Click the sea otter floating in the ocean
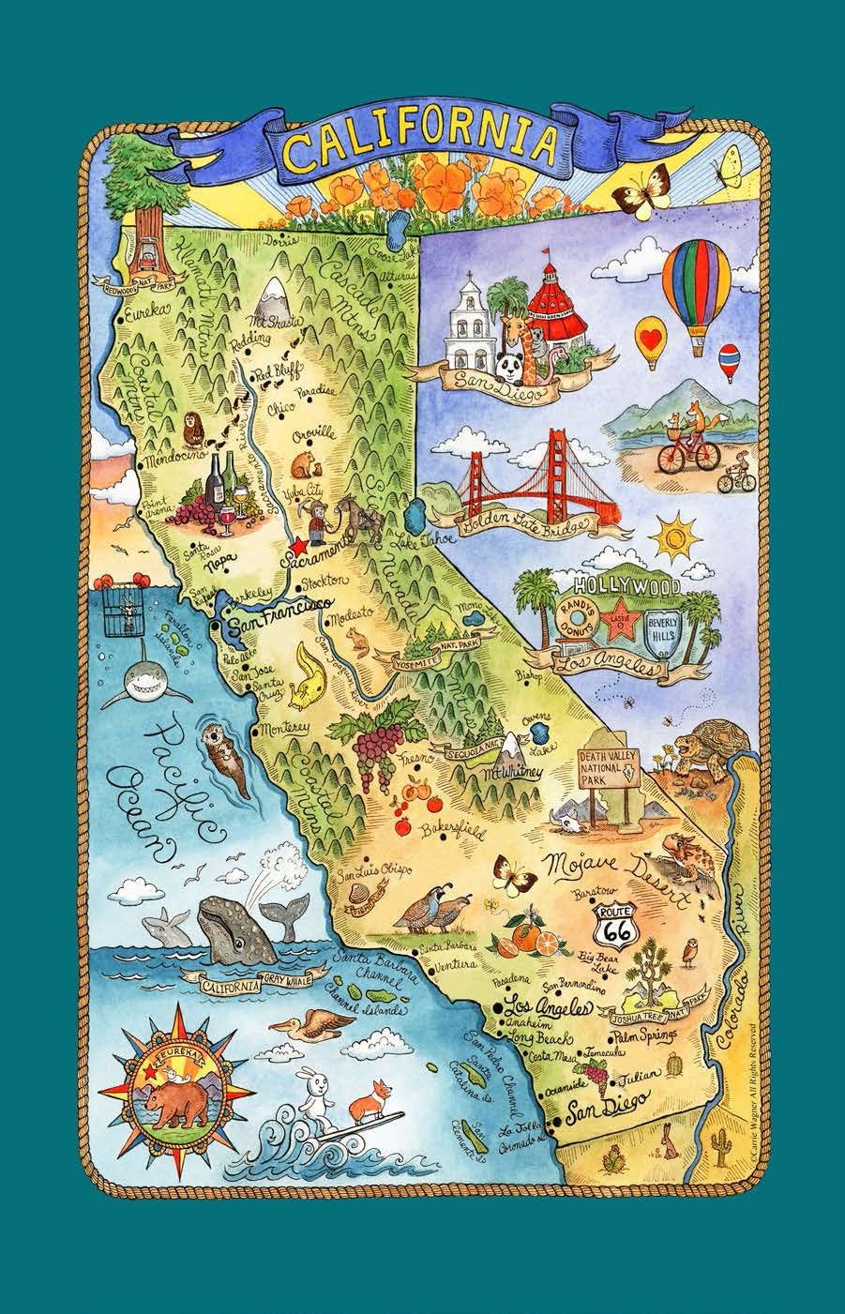222,760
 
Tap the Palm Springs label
646,1037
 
